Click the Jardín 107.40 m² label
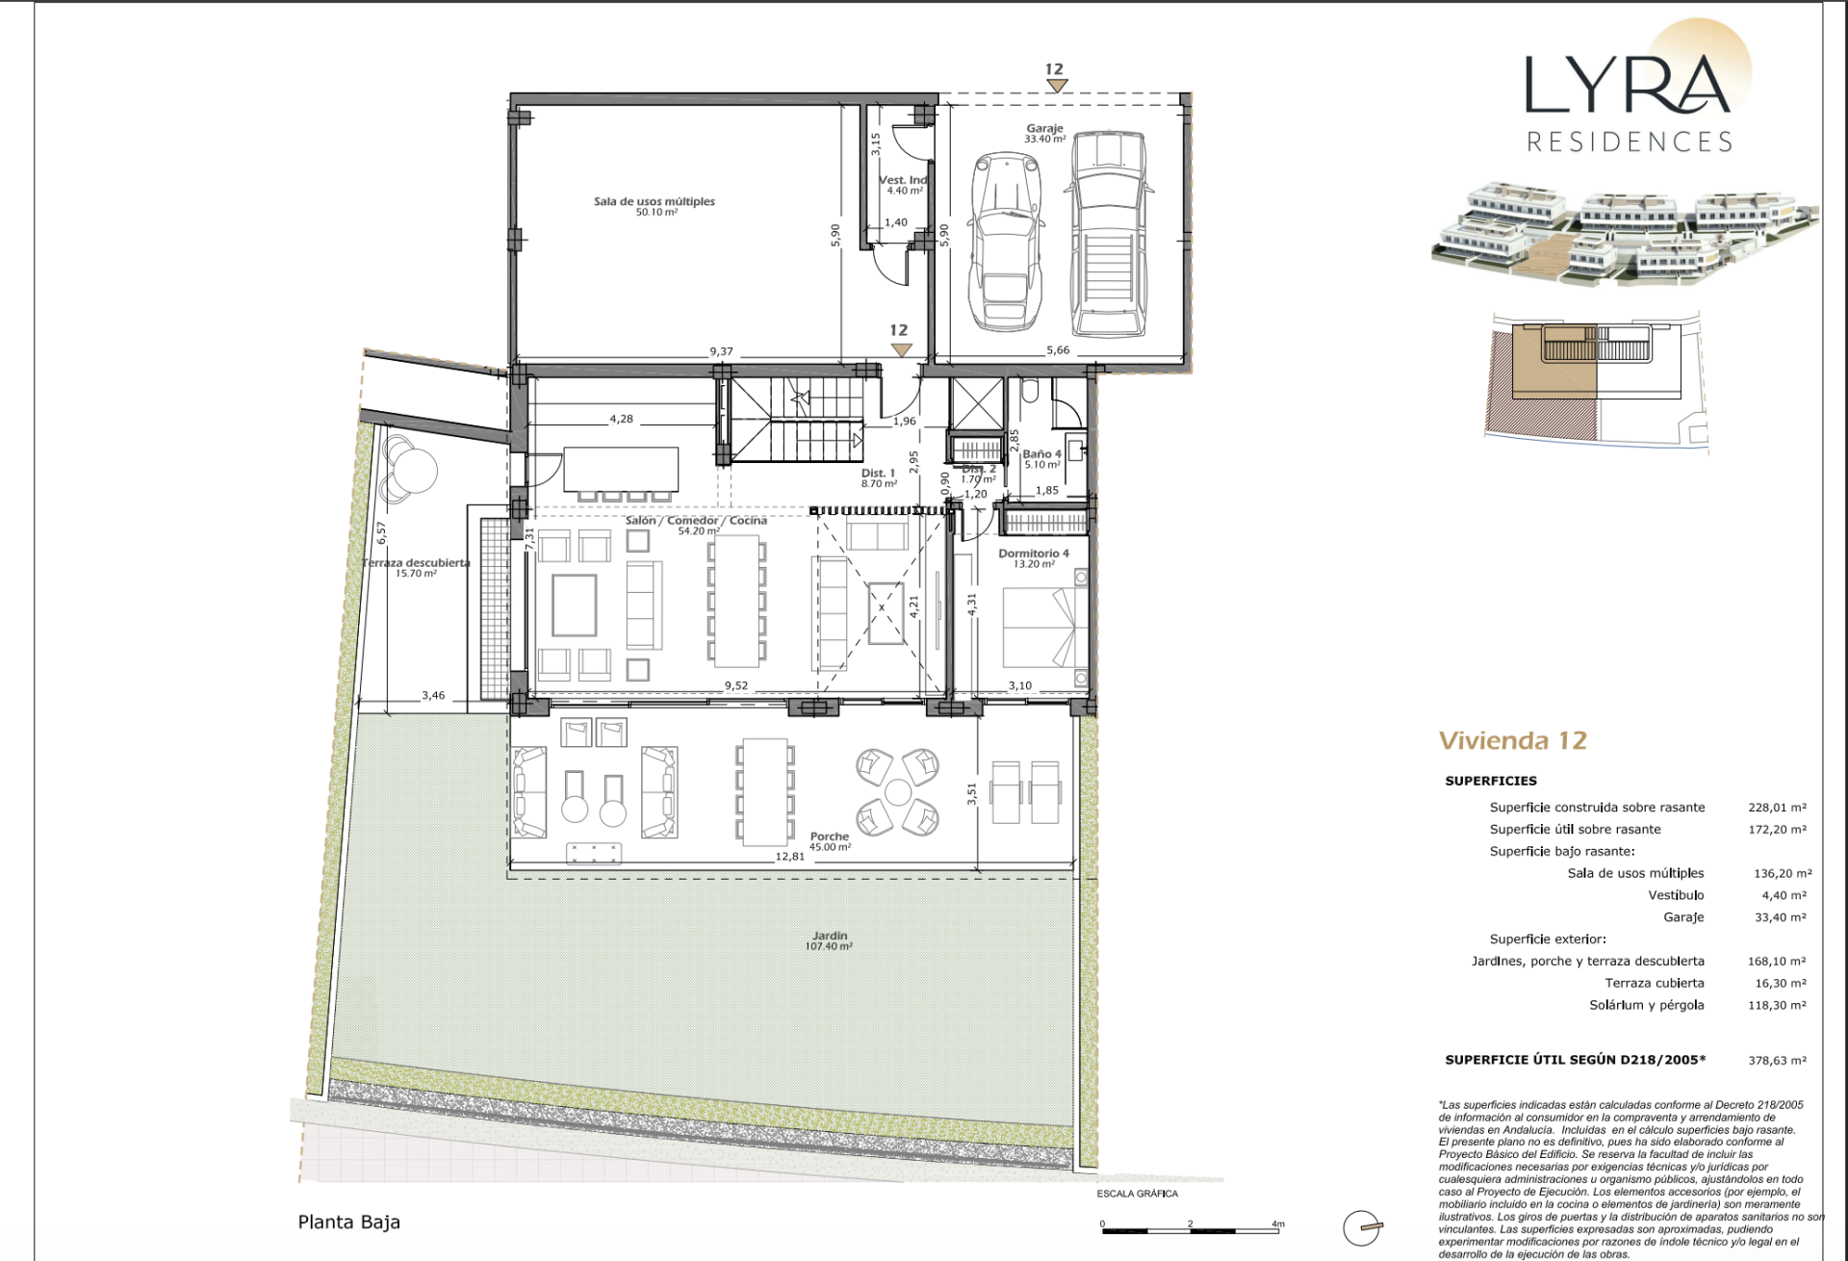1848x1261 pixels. (x=830, y=940)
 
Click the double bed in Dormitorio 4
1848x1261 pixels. (x=1039, y=627)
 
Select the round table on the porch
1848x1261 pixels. (x=898, y=792)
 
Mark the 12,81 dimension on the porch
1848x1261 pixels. (x=790, y=856)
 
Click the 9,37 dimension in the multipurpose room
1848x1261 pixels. (x=721, y=351)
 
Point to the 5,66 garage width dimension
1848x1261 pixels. (x=1058, y=350)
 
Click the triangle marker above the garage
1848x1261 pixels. (x=1057, y=86)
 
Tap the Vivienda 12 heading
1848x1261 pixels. (x=1513, y=740)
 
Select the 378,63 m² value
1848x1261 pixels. (x=1777, y=1060)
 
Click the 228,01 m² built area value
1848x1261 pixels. (x=1777, y=808)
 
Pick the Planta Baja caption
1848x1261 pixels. (x=349, y=1222)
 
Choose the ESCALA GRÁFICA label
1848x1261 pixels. (x=1138, y=1194)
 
